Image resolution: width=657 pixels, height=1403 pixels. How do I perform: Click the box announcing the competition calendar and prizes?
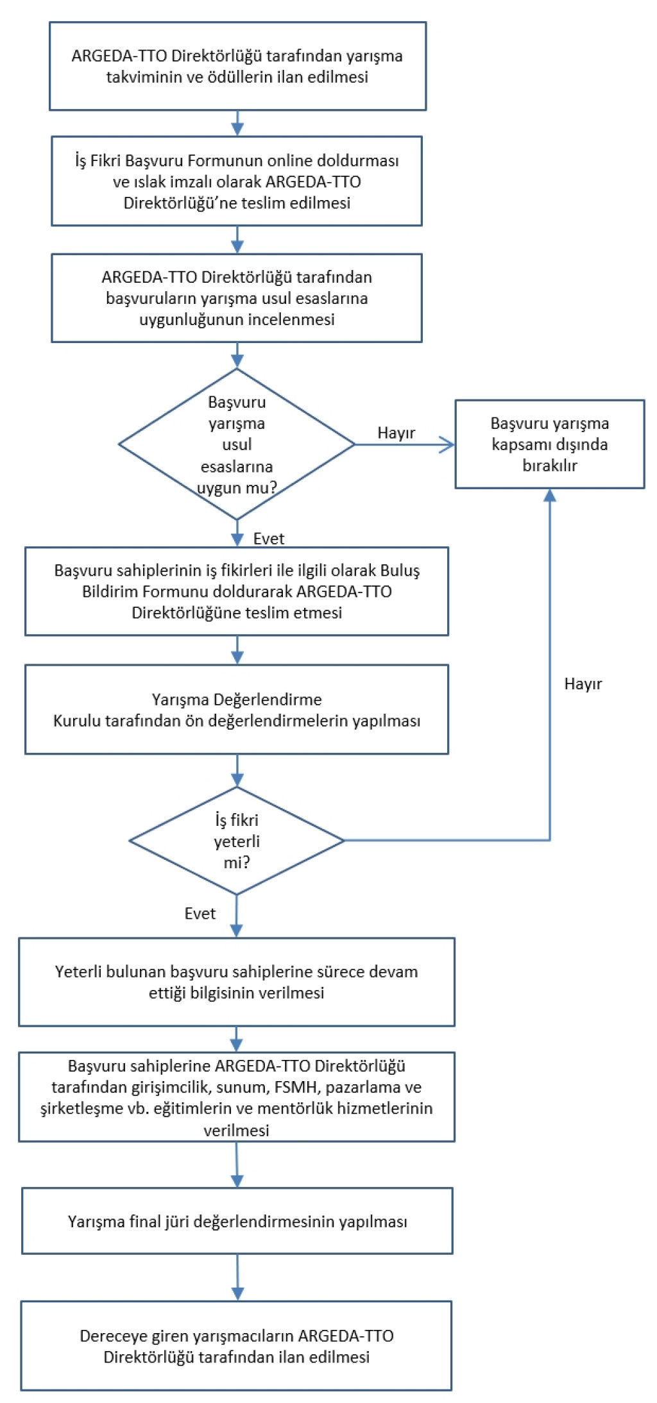point(237,66)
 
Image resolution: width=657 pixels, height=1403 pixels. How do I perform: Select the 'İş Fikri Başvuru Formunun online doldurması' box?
point(237,181)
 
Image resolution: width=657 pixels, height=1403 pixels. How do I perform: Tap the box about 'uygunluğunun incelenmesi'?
point(237,298)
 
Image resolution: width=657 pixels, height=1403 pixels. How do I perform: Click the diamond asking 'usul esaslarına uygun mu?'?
point(237,444)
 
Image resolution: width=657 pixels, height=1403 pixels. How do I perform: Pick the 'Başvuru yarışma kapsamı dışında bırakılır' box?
point(549,444)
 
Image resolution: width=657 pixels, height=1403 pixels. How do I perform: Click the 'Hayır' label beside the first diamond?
point(396,433)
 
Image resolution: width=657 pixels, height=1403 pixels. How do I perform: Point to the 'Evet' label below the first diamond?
point(268,539)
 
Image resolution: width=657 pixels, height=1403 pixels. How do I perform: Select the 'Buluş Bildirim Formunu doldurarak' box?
point(237,591)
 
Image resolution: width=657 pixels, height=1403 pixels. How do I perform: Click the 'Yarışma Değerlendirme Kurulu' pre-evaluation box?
point(237,709)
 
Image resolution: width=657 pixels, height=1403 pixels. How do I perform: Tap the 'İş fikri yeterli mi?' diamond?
point(237,841)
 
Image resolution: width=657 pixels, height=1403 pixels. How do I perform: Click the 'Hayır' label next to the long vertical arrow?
point(583,684)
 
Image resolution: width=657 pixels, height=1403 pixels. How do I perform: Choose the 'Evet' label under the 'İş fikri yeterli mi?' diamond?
point(200,913)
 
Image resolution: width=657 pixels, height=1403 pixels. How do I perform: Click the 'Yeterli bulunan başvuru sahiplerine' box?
point(237,982)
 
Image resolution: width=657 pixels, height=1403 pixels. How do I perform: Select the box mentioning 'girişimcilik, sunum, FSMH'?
point(237,1097)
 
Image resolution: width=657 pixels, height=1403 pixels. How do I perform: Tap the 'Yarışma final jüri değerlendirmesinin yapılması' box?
point(237,1221)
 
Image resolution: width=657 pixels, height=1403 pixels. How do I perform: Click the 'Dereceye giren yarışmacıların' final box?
point(236,1346)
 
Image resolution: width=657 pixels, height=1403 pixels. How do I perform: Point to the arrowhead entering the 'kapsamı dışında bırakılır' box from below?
point(550,495)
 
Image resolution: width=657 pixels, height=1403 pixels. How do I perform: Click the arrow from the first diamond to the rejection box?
point(404,444)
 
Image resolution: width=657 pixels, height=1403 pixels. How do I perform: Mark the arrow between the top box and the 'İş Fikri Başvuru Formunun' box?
point(237,123)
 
